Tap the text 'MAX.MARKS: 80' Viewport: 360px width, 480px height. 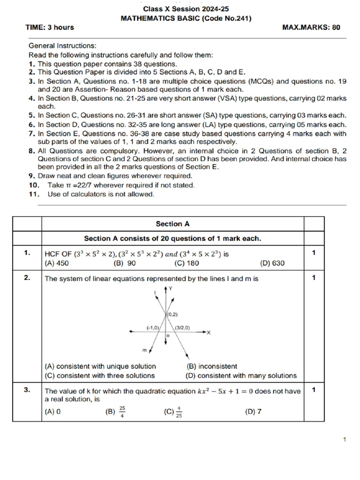[311, 27]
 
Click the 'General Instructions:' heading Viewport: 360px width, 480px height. [62, 46]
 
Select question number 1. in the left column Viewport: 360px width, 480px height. [27, 253]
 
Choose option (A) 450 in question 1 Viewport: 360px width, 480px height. [56, 263]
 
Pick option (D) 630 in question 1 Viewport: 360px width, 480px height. [272, 263]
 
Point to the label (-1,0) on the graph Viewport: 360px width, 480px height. [153, 328]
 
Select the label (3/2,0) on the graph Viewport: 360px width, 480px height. [182, 328]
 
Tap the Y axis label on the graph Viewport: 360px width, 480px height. [171, 289]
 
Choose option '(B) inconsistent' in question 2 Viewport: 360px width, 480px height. [212, 367]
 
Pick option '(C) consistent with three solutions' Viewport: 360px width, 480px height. [99, 375]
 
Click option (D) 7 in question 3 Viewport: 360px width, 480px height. [253, 412]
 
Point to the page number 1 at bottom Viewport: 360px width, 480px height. [344, 439]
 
